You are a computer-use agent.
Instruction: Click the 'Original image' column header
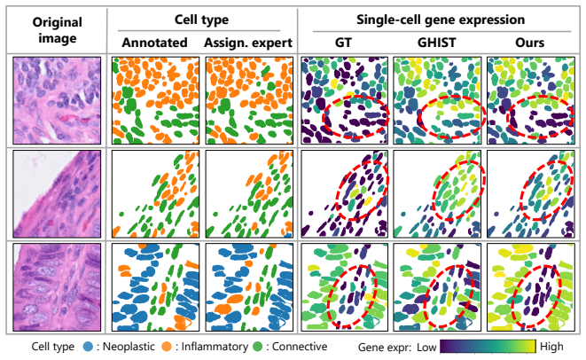(x=57, y=30)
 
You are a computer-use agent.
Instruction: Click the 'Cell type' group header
(x=201, y=20)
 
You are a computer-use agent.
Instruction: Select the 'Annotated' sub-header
(x=155, y=43)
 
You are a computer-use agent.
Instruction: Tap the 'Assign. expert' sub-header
(x=248, y=43)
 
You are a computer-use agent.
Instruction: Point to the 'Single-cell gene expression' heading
(x=441, y=20)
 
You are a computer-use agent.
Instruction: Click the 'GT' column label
(x=343, y=43)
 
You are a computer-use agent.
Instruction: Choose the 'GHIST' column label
(x=436, y=43)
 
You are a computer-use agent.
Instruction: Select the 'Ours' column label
(x=529, y=43)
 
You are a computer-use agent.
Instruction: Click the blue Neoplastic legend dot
(x=88, y=347)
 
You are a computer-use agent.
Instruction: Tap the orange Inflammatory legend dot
(x=167, y=347)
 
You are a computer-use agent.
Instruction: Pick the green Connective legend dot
(x=258, y=347)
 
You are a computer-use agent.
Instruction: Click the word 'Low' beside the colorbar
(x=426, y=348)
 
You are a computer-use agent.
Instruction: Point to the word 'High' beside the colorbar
(x=551, y=347)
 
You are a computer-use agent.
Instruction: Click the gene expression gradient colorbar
(x=488, y=347)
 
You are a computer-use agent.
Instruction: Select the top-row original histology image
(x=57, y=100)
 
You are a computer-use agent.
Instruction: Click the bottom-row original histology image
(x=57, y=287)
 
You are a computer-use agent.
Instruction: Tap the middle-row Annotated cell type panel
(x=155, y=194)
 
